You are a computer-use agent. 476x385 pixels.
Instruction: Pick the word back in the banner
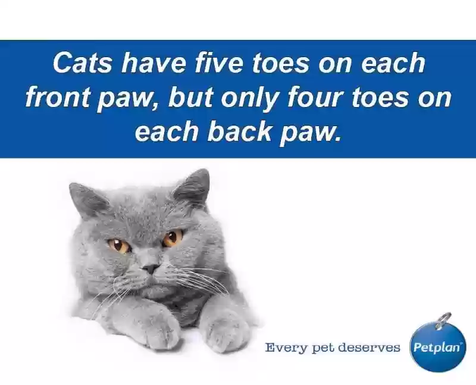[239, 131]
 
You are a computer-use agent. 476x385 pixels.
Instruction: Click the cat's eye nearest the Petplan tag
[173, 238]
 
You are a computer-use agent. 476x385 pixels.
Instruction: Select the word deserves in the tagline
[369, 347]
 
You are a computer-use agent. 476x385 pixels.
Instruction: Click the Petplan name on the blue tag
[437, 347]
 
